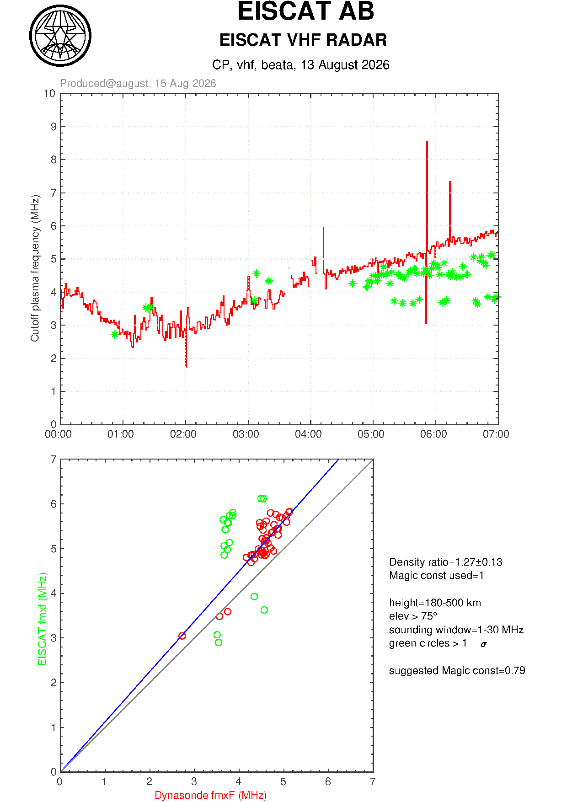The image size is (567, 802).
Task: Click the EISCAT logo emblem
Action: pos(60,36)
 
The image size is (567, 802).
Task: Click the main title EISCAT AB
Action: pos(305,11)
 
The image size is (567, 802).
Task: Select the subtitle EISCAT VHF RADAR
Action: pos(303,40)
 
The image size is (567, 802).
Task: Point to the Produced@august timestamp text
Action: pos(138,83)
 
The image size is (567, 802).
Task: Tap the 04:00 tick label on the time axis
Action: pos(309,434)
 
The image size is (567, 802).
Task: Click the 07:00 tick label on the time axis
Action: pos(496,434)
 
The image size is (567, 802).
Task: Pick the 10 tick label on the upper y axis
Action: pos(49,94)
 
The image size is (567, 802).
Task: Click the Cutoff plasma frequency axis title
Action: pos(35,268)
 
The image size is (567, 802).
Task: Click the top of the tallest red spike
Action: pos(427,142)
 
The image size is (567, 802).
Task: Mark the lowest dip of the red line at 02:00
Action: pos(186,366)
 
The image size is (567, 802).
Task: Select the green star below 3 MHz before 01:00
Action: pos(114,334)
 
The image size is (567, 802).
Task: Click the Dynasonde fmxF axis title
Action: pos(211,795)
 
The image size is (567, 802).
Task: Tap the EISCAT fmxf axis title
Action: pos(43,619)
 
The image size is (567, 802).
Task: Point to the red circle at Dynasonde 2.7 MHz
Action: pos(182,636)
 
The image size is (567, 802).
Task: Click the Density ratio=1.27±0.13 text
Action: pos(446,562)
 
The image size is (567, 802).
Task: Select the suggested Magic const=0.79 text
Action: pos(457,670)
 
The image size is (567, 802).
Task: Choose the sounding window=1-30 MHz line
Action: pos(456,630)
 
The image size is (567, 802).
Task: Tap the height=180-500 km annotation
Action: pos(435,603)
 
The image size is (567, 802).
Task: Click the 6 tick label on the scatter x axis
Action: pos(328,782)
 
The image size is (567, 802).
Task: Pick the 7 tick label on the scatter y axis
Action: pos(53,459)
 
